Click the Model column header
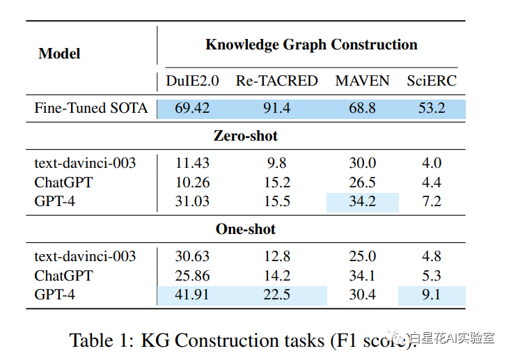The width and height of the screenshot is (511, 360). [59, 53]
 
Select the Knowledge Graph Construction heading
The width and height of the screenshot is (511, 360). [311, 45]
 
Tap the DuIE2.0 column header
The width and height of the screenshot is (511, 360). [192, 81]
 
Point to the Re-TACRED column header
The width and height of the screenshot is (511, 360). [276, 81]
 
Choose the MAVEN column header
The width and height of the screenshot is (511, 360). [362, 81]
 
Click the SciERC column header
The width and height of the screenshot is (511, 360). [432, 81]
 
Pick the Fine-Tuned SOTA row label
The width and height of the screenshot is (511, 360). [91, 108]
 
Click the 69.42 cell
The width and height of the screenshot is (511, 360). [192, 108]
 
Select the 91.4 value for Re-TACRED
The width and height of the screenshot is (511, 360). [276, 108]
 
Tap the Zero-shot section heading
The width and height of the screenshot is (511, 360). [246, 135]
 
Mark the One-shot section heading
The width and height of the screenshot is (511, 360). [246, 229]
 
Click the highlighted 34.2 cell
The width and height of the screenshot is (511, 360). [362, 202]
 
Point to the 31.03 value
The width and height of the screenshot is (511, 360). [192, 202]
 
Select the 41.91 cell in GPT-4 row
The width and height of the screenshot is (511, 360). [192, 295]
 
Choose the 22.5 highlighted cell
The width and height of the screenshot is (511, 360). [276, 295]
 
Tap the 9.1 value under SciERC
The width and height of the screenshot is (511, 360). [432, 295]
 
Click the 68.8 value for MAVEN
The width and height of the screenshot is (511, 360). [362, 108]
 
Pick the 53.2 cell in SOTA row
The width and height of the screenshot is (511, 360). [432, 108]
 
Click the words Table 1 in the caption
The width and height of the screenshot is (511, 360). [100, 340]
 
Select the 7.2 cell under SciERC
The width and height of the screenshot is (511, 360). [432, 202]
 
